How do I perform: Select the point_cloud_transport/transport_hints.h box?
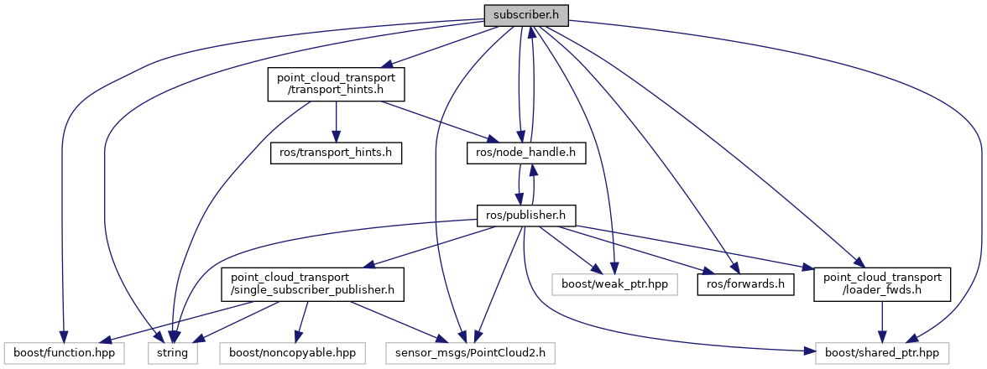(336, 84)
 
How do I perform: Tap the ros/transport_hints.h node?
(336, 153)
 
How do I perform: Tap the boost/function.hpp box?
(63, 354)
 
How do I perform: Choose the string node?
(173, 354)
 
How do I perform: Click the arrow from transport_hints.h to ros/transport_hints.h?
(336, 122)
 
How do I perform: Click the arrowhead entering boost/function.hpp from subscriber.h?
(63, 337)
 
